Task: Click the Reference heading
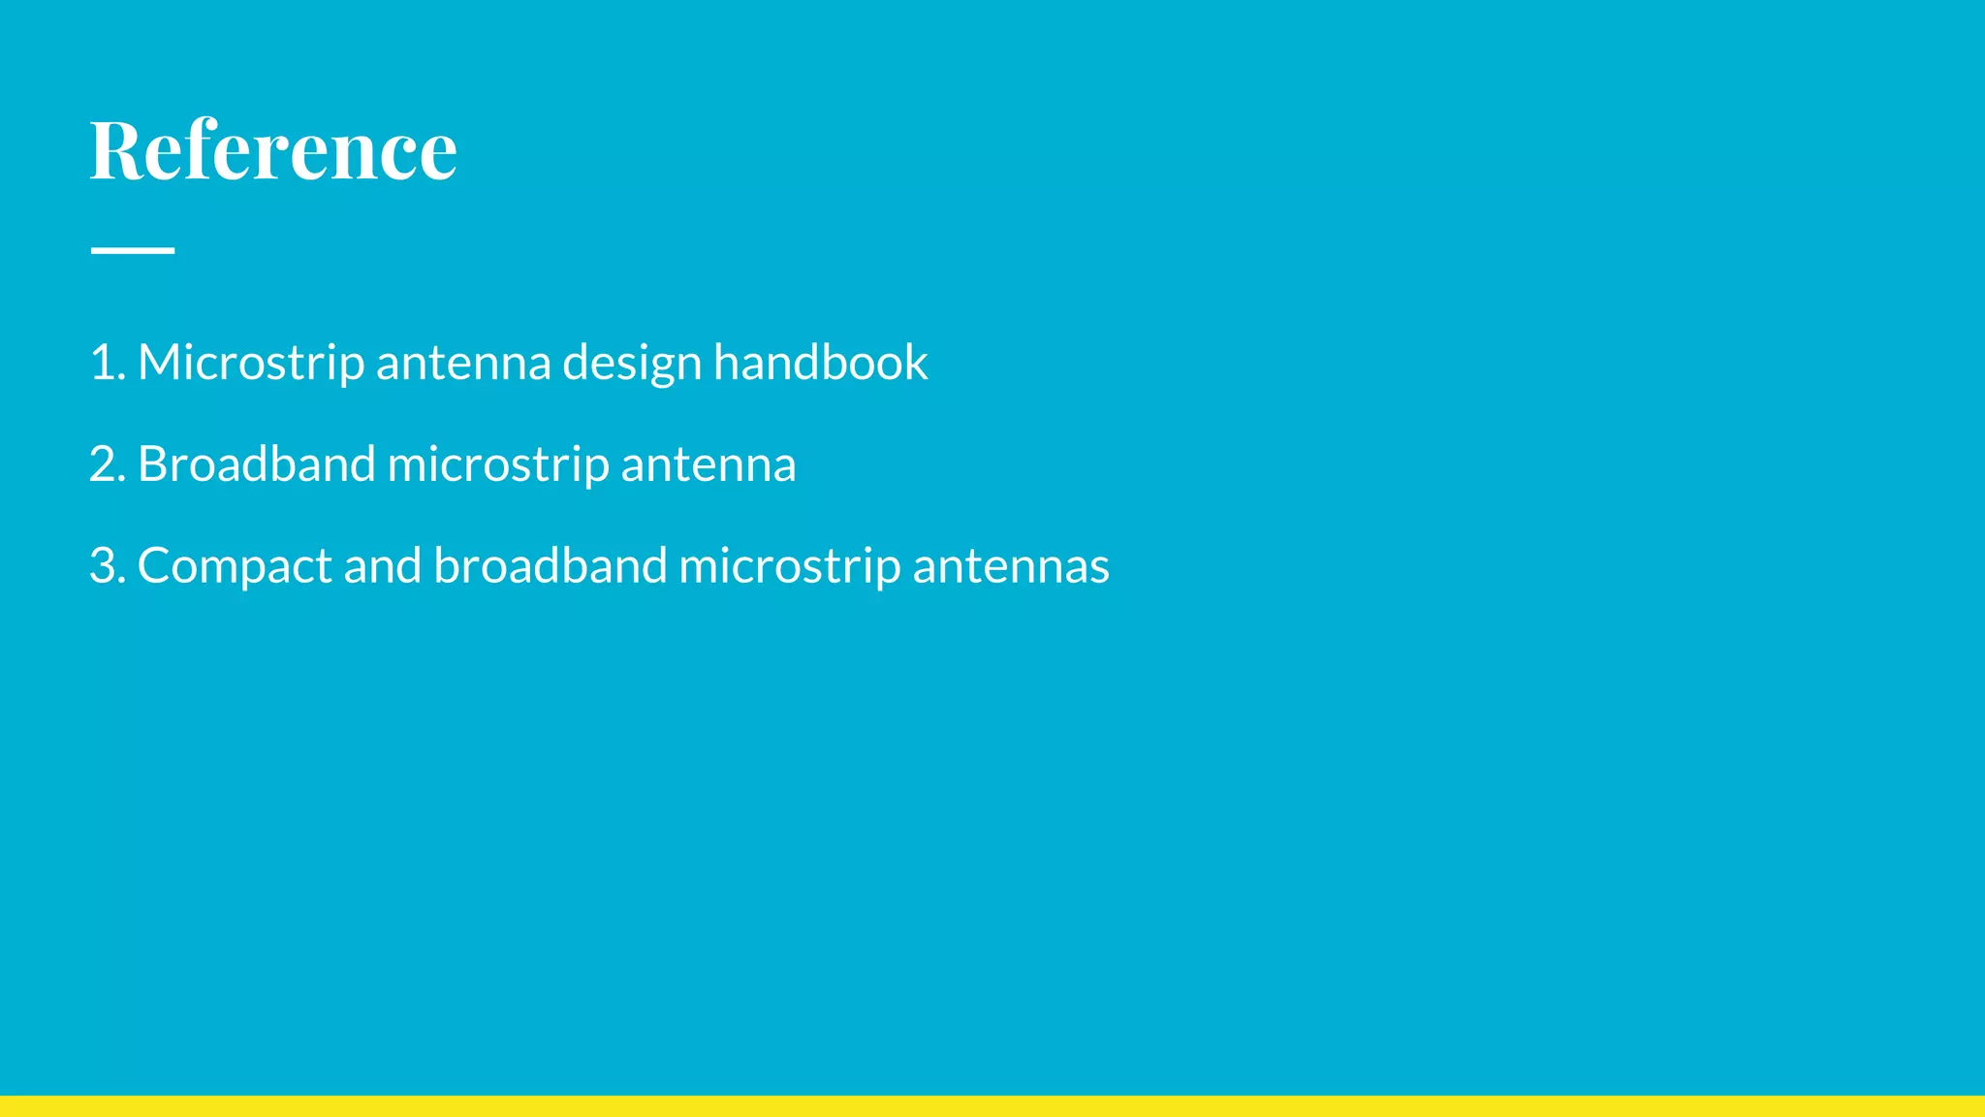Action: coord(273,150)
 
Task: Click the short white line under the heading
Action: coord(133,250)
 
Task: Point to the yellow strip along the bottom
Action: coord(992,1106)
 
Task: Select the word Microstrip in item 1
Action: coord(251,363)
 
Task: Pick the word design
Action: coord(632,363)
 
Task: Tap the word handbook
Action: coord(820,363)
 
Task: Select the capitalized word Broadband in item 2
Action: coord(256,464)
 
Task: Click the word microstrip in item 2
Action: coord(498,464)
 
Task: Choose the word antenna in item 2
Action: coord(709,464)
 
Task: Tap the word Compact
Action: coord(235,566)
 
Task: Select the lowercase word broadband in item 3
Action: coord(550,566)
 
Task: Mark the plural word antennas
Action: coord(1011,566)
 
